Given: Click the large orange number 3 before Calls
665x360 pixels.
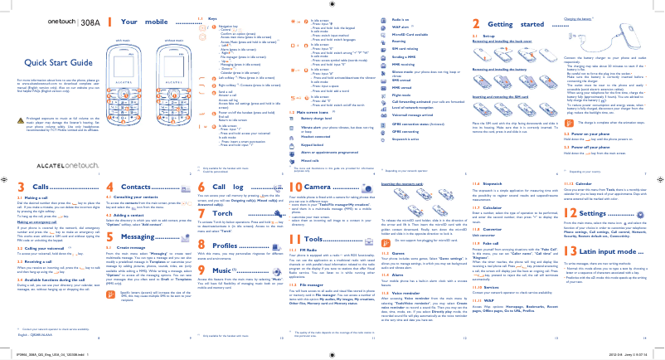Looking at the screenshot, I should point(11,187).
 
